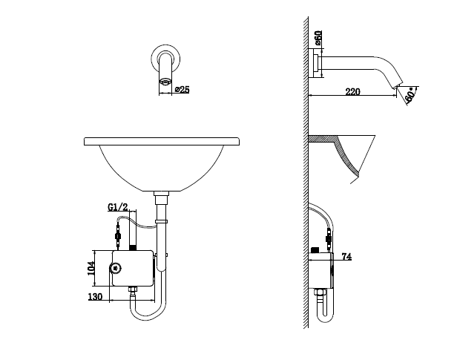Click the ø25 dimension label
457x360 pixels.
[183, 90]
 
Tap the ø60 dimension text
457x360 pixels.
[318, 38]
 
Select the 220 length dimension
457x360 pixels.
[352, 92]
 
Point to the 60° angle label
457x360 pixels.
[410, 94]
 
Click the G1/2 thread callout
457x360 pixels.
[118, 207]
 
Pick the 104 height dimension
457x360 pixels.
[91, 268]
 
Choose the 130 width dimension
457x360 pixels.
[95, 297]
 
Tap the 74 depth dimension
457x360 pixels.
[346, 257]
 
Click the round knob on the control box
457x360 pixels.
[116, 268]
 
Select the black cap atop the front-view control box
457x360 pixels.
[133, 248]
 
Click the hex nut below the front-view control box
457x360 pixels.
[133, 289]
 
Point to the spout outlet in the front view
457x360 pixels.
[165, 82]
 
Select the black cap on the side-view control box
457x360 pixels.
[315, 250]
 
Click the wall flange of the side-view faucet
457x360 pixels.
[315, 63]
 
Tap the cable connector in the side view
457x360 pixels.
[329, 239]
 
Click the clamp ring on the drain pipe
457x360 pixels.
[162, 221]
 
